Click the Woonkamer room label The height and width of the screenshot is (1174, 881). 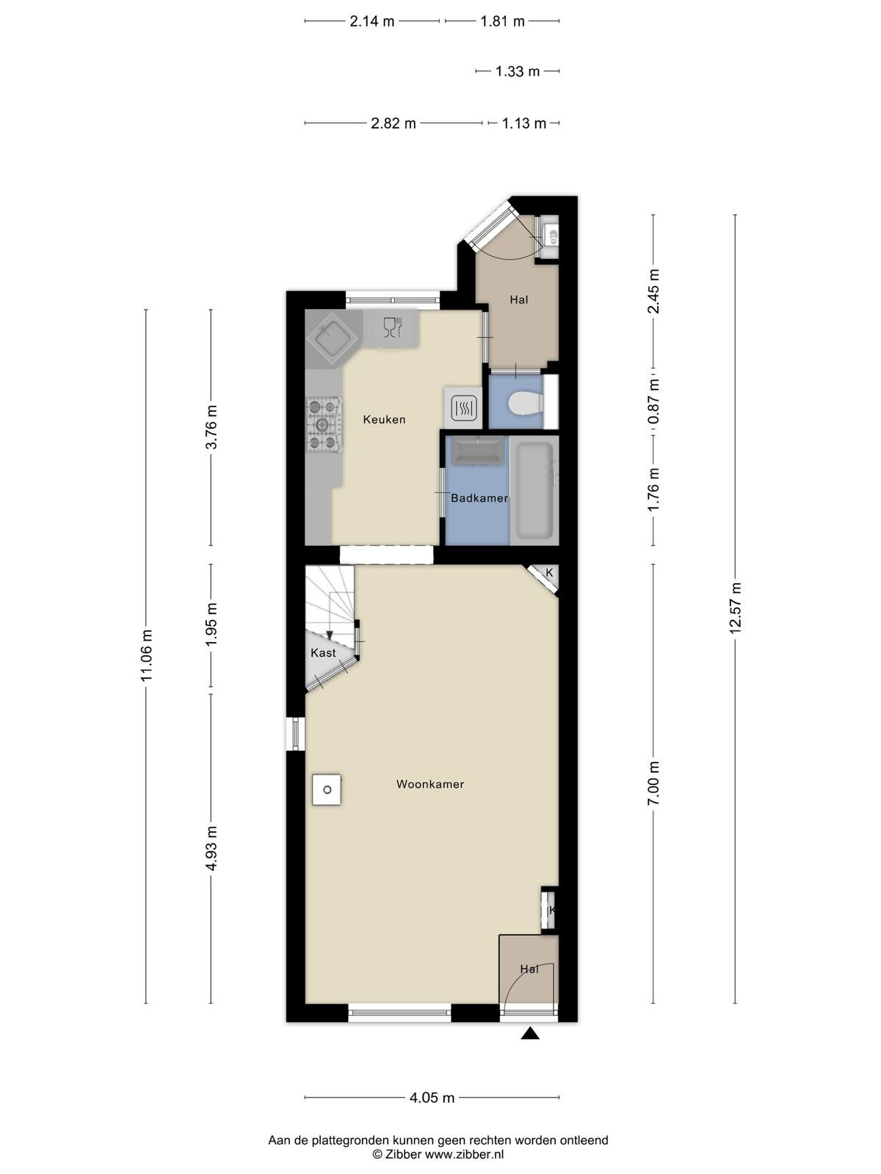pyautogui.click(x=430, y=784)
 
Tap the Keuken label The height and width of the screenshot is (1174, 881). pyautogui.click(x=384, y=419)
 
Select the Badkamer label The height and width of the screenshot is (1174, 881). pyautogui.click(x=479, y=498)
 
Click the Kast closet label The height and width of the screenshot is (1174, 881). pyautogui.click(x=323, y=652)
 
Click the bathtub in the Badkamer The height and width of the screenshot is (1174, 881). pyautogui.click(x=533, y=490)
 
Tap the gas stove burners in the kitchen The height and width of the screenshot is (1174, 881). pyautogui.click(x=324, y=424)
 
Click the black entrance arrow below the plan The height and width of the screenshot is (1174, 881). pyautogui.click(x=530, y=1033)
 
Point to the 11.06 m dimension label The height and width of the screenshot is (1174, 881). pyautogui.click(x=147, y=655)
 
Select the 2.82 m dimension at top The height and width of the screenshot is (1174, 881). pyautogui.click(x=394, y=123)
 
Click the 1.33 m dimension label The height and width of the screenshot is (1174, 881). pyautogui.click(x=518, y=71)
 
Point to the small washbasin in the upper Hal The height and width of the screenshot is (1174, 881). pyautogui.click(x=551, y=233)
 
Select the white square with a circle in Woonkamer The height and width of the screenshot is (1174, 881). pyautogui.click(x=327, y=790)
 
